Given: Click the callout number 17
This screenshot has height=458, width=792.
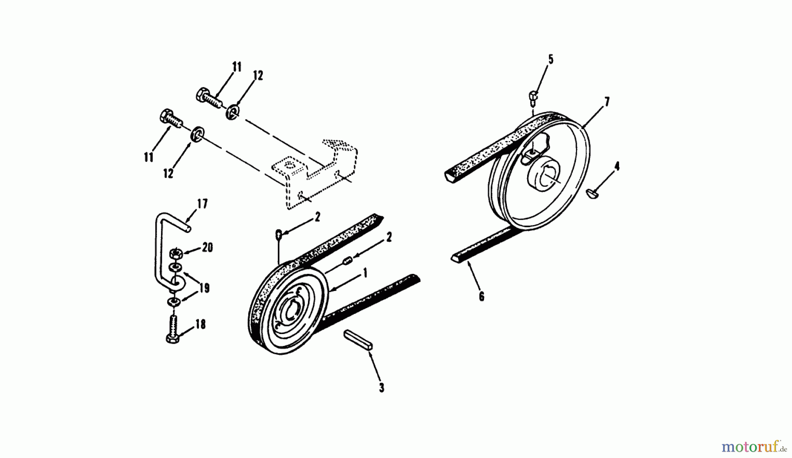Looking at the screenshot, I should click(202, 204).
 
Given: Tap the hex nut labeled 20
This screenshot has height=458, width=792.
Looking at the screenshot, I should click(175, 254).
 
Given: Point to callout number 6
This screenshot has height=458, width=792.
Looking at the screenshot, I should click(481, 297).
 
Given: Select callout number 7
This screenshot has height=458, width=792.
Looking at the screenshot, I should click(607, 102).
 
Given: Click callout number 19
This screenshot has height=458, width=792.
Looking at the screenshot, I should click(204, 288).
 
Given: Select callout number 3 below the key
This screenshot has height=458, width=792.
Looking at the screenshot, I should click(381, 388).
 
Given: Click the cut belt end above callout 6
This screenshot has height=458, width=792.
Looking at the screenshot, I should click(455, 259).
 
